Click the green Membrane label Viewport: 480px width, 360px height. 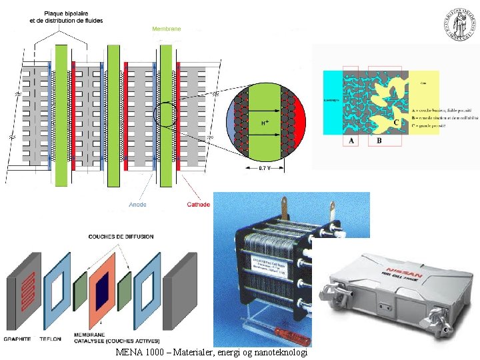click(166, 29)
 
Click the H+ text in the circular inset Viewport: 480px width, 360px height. click(265, 123)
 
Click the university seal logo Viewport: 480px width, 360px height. click(459, 25)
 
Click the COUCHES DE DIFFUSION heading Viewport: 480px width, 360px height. click(121, 237)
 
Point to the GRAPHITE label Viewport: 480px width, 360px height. click(17, 339)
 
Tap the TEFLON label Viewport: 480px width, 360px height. click(50, 339)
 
